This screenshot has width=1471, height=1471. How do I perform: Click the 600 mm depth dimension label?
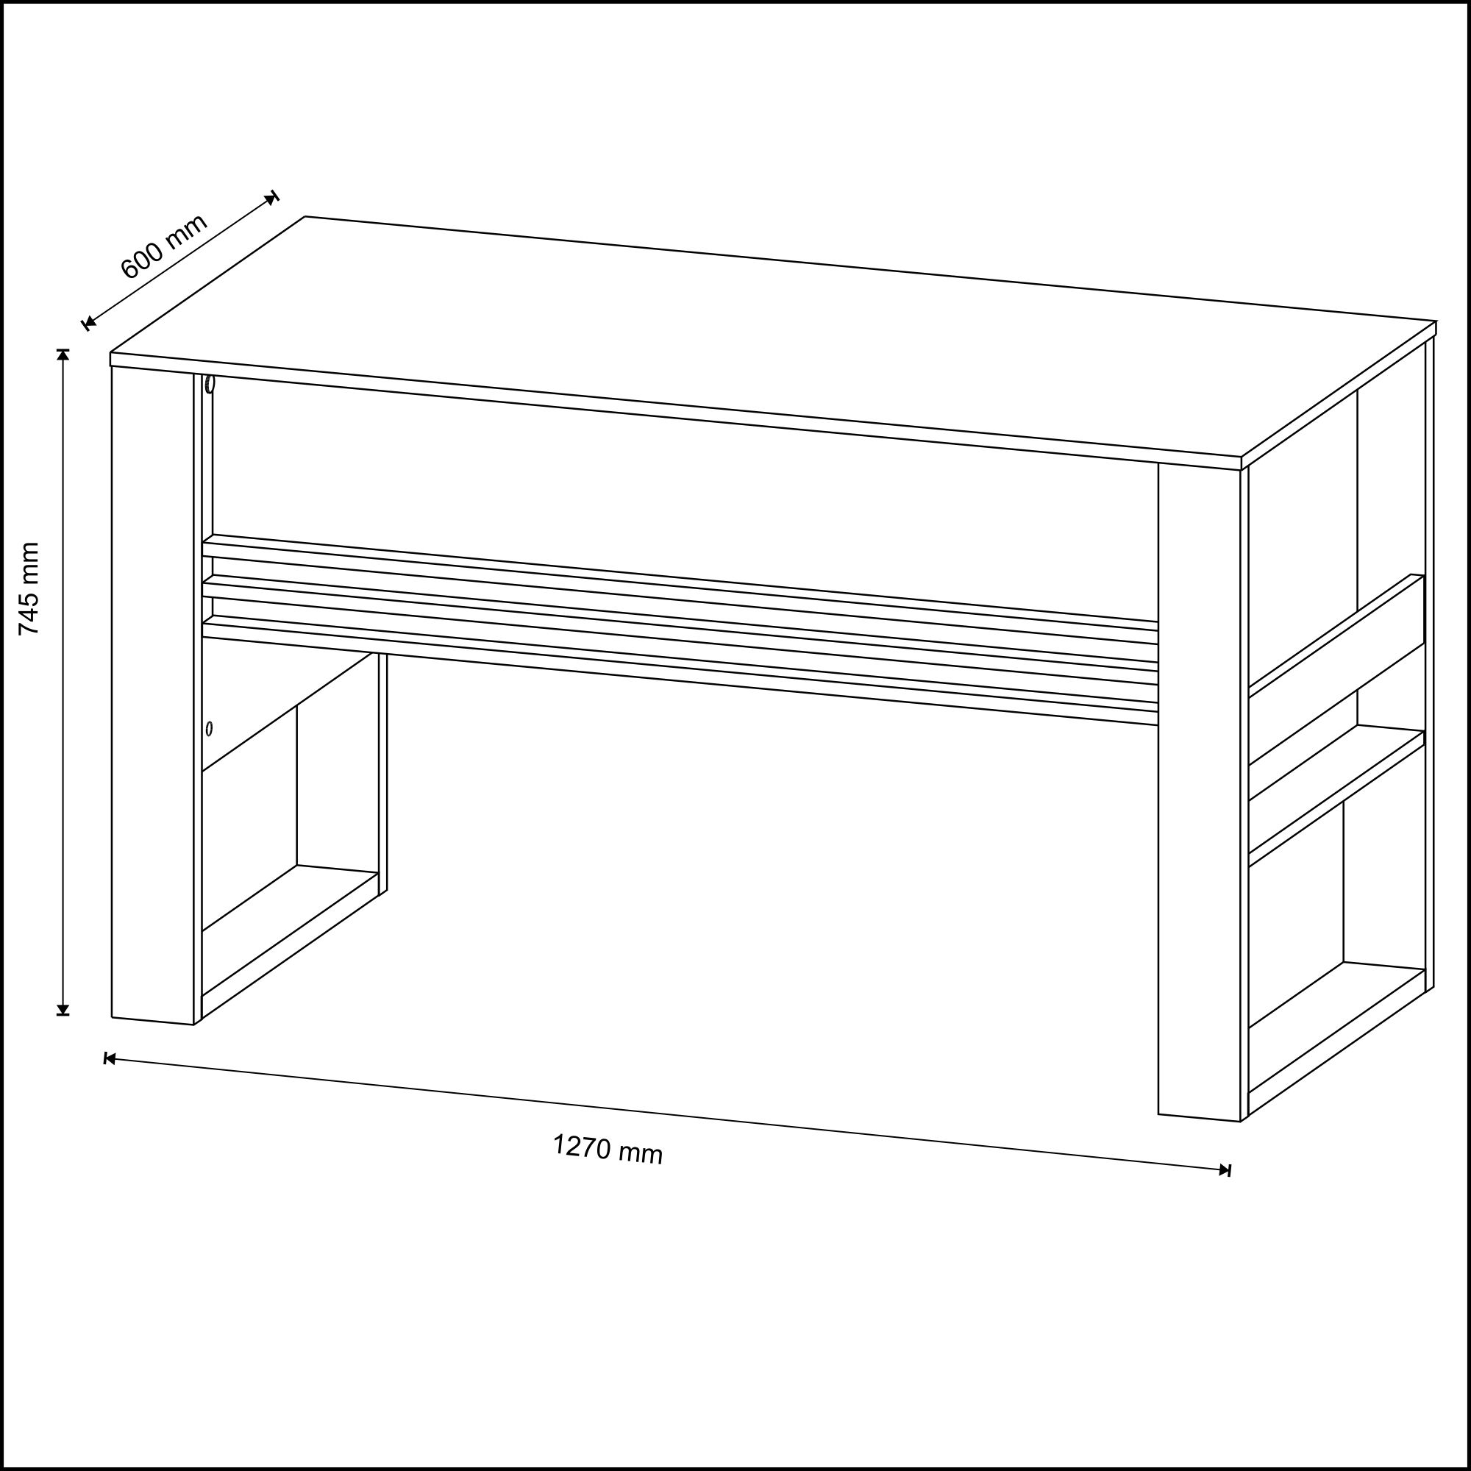click(165, 246)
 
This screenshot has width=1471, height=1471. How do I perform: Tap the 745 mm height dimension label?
click(29, 588)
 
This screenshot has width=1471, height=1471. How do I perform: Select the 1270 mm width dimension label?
click(608, 1149)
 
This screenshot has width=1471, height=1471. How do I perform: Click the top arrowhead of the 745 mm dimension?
click(63, 355)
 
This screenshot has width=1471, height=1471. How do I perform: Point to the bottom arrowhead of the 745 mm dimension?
click(63, 1010)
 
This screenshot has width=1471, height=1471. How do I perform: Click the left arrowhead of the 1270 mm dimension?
click(110, 1059)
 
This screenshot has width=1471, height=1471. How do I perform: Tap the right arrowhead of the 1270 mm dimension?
click(1225, 1170)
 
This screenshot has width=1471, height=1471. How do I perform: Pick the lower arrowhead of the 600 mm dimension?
click(89, 324)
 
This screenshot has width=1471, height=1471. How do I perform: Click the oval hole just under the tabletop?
click(210, 384)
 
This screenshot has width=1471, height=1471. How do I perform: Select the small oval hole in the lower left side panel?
click(210, 729)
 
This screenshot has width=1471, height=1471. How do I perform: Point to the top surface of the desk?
click(773, 338)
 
